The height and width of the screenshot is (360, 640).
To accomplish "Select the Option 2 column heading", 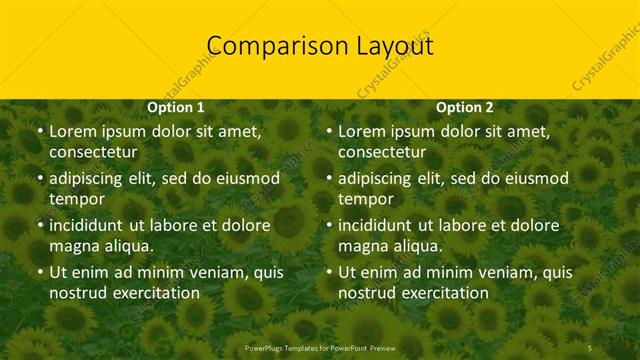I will (x=465, y=107).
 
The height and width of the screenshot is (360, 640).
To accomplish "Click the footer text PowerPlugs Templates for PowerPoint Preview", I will (x=320, y=347).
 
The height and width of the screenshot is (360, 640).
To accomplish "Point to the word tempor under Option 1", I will (x=76, y=199).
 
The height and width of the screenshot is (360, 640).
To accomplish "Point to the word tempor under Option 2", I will (x=365, y=199).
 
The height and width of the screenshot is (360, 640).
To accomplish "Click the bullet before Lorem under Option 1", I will (x=39, y=132).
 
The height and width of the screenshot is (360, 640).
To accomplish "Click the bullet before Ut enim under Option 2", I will (x=328, y=272).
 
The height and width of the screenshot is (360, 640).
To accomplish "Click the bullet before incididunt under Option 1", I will (x=39, y=225).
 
